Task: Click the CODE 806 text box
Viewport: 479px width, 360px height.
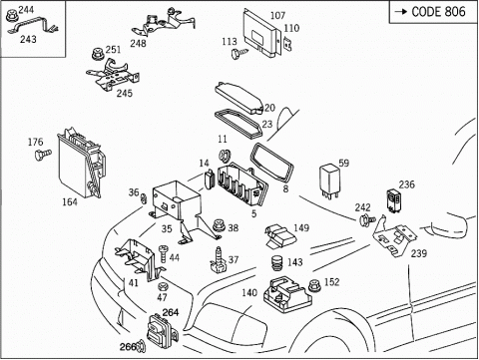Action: (x=433, y=12)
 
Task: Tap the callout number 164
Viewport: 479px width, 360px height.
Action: (x=70, y=201)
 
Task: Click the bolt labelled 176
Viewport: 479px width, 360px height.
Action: (x=43, y=155)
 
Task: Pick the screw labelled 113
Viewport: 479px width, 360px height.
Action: (x=239, y=53)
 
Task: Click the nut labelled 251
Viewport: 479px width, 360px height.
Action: (x=98, y=54)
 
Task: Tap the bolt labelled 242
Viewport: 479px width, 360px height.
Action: (x=367, y=219)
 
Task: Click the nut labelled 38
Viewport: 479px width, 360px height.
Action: (x=219, y=226)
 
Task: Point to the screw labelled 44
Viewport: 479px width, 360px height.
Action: (x=164, y=255)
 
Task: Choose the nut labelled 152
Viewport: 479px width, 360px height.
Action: (x=314, y=285)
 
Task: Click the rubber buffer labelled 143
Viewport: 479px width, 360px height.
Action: (x=276, y=263)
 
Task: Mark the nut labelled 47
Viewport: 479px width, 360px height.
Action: (x=163, y=286)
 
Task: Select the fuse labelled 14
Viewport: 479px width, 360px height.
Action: (x=209, y=180)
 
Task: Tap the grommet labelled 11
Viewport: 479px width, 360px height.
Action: (x=224, y=156)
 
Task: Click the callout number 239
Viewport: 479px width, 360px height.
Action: (x=418, y=253)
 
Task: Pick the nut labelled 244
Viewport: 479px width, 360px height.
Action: (x=12, y=15)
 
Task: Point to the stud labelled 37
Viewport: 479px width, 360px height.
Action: (x=219, y=260)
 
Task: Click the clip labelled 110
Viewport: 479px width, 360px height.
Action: (x=287, y=45)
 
